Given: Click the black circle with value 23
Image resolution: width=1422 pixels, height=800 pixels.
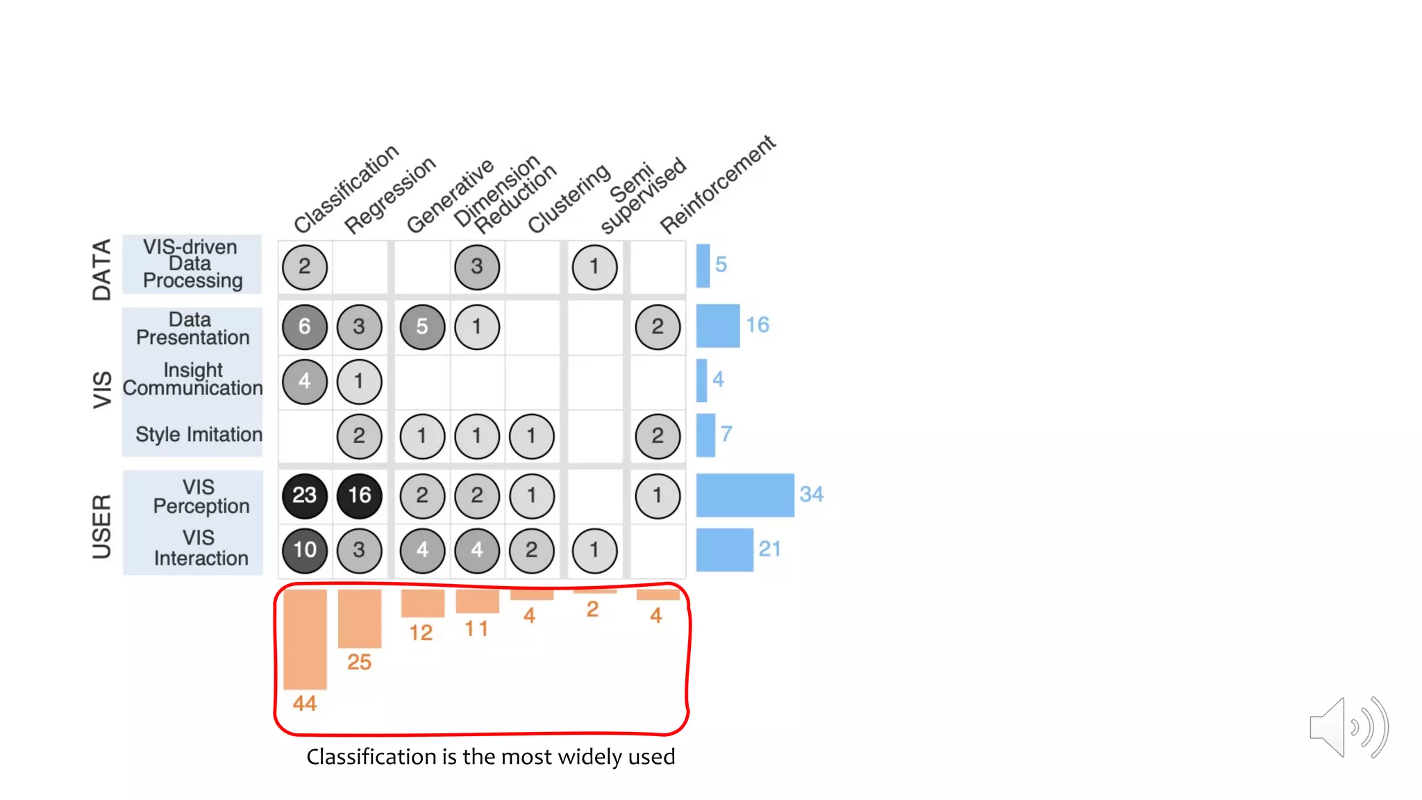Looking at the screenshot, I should tap(304, 495).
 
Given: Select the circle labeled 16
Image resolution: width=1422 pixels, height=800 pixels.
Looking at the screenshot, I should tap(359, 495).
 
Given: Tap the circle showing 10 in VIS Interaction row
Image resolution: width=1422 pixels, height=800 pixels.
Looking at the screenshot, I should tap(304, 550).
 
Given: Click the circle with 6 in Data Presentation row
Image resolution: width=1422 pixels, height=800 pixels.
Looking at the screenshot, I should tap(304, 326).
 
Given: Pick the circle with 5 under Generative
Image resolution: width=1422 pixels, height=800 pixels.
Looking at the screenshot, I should tap(422, 326).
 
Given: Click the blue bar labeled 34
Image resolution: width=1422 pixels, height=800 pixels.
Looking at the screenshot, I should tap(744, 495).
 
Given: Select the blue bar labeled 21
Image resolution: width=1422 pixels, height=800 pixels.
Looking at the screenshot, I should tap(724, 550).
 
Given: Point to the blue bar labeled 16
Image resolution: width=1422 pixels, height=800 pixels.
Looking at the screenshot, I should tap(717, 326).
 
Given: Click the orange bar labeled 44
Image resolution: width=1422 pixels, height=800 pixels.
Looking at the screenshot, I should tap(305, 639).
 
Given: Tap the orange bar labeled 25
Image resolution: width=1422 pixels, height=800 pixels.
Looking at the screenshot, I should tap(359, 618).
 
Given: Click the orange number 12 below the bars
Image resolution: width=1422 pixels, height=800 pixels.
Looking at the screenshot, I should tap(421, 633).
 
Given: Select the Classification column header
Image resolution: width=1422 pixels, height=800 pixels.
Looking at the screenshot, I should tap(346, 189).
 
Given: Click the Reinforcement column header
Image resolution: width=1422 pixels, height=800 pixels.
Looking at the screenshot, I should tap(717, 185).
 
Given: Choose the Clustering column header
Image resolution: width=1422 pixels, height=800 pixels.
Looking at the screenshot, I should tap(569, 199).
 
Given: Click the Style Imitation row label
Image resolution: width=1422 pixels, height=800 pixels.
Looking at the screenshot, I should tap(199, 435).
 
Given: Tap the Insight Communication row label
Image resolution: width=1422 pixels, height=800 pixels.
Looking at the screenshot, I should tap(193, 379).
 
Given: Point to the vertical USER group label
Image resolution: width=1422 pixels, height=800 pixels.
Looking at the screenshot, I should tap(102, 526).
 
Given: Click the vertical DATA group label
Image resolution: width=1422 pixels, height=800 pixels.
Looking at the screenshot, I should tap(102, 269).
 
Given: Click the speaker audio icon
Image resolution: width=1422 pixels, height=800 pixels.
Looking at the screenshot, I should tap(1347, 728).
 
